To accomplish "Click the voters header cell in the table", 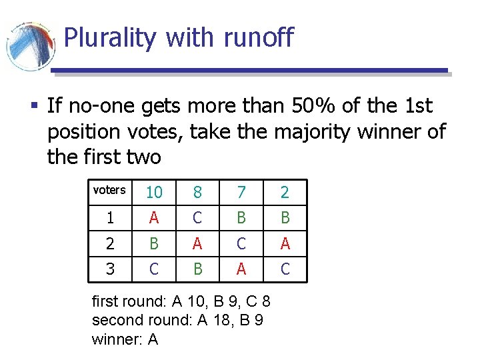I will coord(109,190).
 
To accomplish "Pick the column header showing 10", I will coord(154,193).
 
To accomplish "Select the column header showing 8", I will coord(197,193).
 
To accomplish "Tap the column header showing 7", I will coord(241,193).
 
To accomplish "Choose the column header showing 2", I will coord(285,193).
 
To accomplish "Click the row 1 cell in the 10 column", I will coord(154,218).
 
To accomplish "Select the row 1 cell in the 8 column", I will coord(197,218).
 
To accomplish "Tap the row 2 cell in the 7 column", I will coord(241,243).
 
